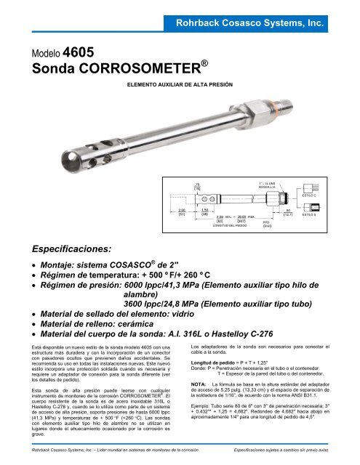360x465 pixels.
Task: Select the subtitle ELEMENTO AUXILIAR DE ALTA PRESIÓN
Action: (180, 86)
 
